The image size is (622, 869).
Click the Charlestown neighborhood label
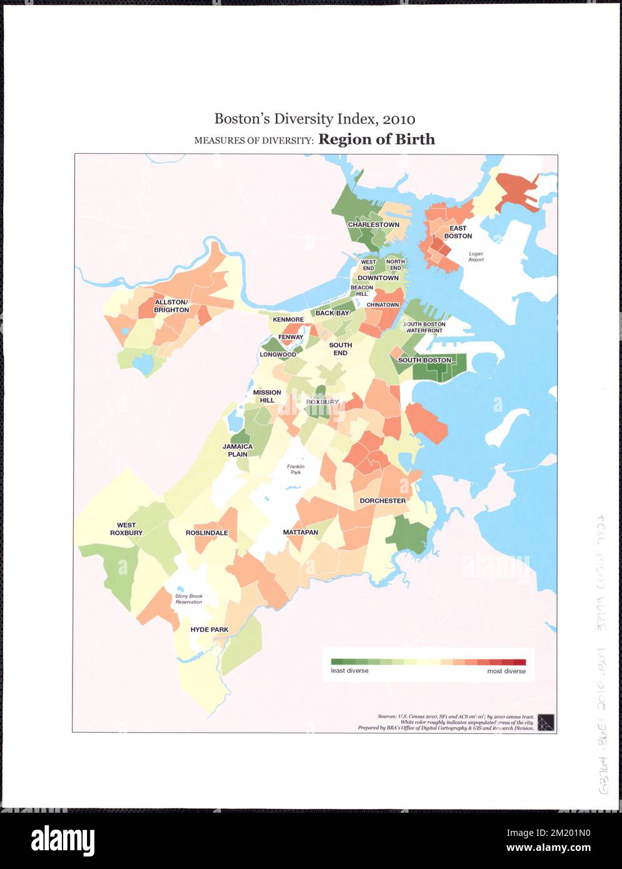point(373,224)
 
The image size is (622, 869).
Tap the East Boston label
point(458,233)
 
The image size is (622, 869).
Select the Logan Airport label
point(476,257)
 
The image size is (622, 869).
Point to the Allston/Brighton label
point(171,306)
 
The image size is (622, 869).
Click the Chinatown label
point(383,304)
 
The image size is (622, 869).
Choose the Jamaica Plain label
point(238,451)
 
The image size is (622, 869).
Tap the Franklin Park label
point(294,470)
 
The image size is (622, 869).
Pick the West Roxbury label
point(126,530)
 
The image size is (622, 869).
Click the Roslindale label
point(207,533)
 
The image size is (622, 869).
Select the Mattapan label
point(300,533)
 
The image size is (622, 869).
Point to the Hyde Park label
point(209,630)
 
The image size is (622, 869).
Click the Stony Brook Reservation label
point(188,599)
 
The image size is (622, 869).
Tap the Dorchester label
point(383,501)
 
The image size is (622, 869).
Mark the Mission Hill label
point(267,396)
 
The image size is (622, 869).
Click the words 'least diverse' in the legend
point(349,671)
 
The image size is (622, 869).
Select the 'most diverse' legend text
point(506,671)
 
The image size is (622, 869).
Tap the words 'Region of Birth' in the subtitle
point(376,139)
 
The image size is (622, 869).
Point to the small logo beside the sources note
point(546,722)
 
